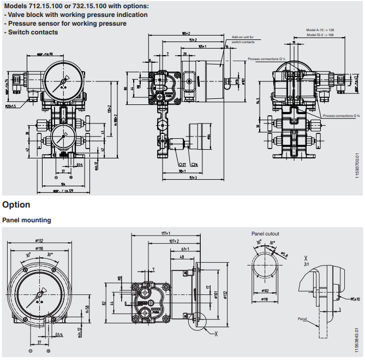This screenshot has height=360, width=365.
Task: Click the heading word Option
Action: (x=16, y=205)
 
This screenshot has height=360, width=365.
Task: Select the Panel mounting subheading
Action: (x=27, y=220)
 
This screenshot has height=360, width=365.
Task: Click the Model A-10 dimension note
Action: (x=320, y=30)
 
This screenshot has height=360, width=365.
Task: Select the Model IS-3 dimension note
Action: (x=320, y=35)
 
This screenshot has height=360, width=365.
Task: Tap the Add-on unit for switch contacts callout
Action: (x=243, y=39)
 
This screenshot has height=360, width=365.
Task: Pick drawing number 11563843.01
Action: (x=357, y=338)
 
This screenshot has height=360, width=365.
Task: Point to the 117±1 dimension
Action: (x=165, y=233)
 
